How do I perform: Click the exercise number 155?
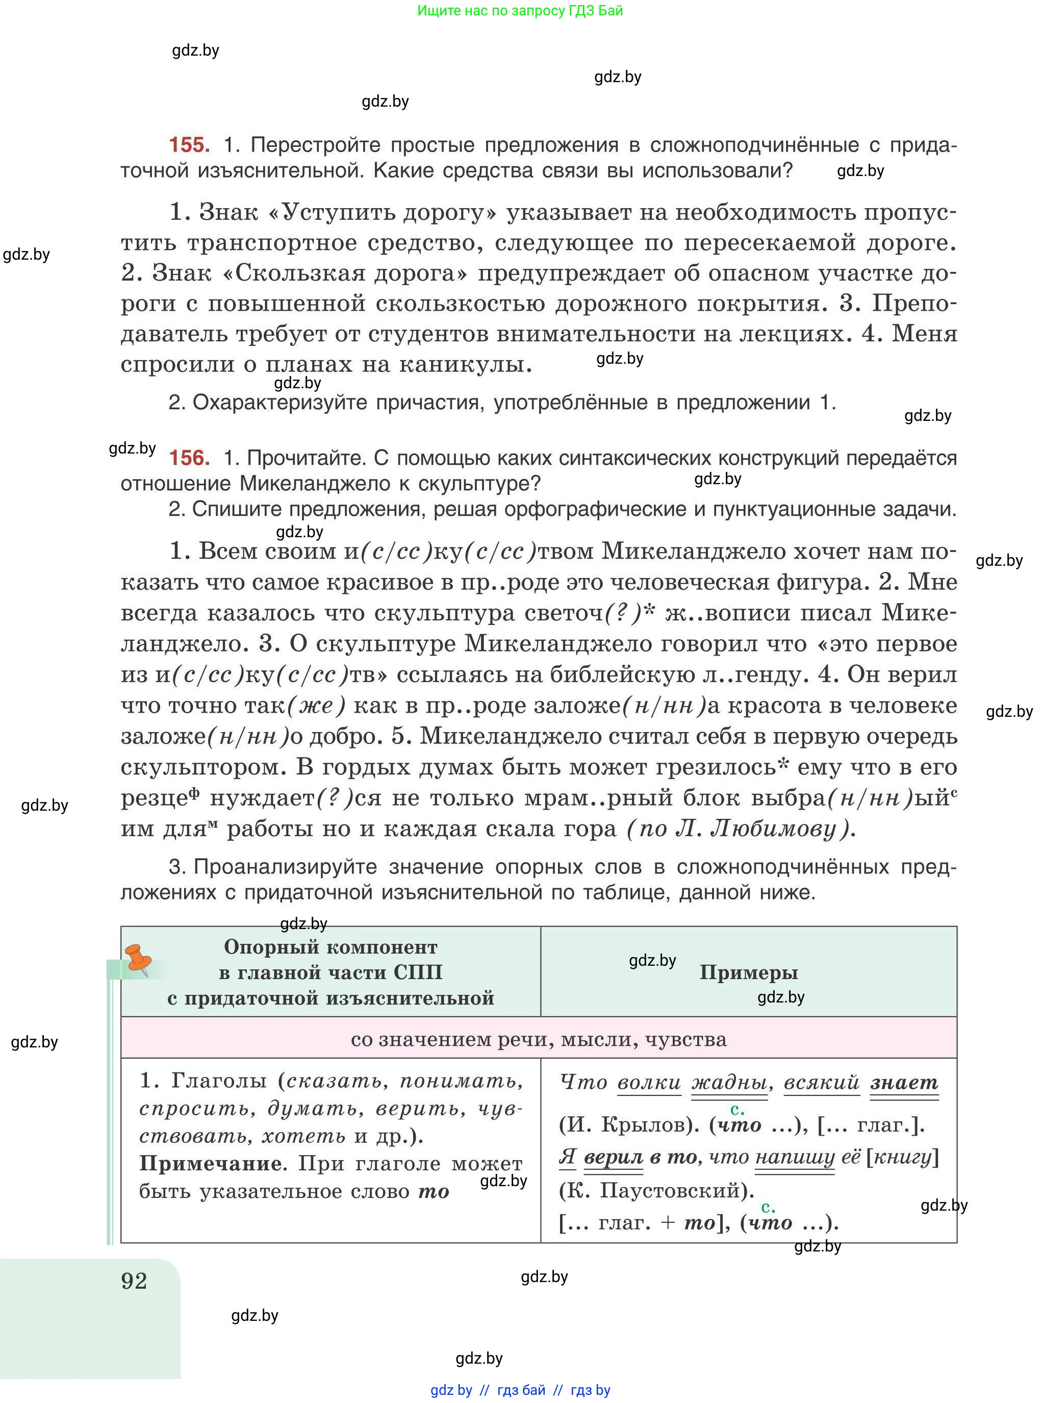(189, 145)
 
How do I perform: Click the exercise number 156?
(189, 458)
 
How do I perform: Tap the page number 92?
(134, 1281)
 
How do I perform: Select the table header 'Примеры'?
(748, 972)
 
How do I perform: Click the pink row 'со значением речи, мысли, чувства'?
(538, 1039)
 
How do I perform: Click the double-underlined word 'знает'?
(904, 1083)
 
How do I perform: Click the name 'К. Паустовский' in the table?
(656, 1190)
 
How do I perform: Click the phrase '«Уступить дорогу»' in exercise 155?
(383, 213)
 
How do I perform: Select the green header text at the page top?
(520, 11)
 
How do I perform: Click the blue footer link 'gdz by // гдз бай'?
(520, 1390)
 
